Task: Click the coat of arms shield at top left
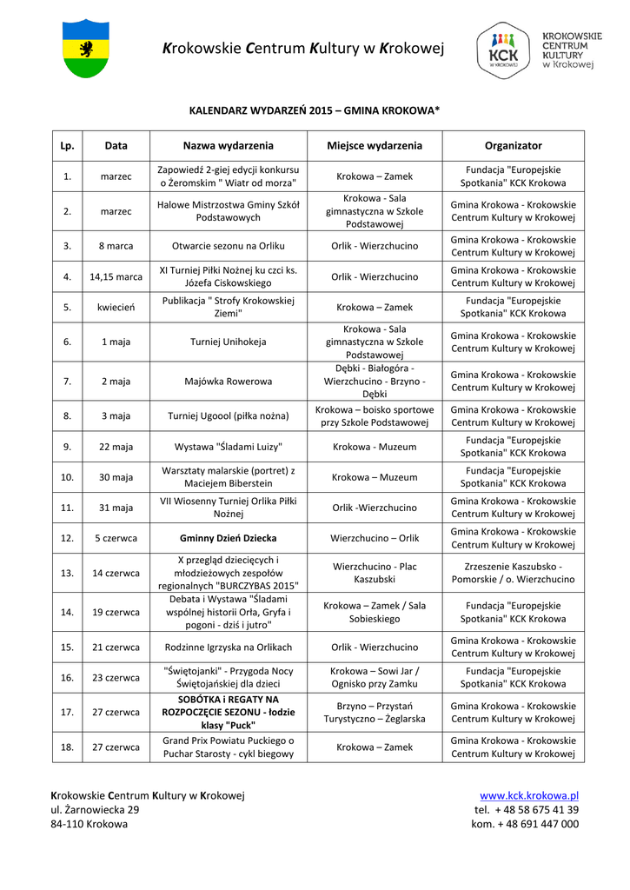pos(86,49)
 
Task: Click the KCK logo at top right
pos(504,50)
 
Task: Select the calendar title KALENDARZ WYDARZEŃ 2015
pos(315,111)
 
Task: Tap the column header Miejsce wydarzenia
pos(375,146)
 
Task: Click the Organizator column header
pos(513,146)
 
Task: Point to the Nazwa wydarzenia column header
pos(228,146)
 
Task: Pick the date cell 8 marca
pos(116,246)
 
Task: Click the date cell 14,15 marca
pos(116,276)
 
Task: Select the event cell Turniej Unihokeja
pos(228,342)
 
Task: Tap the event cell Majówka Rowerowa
pos(228,381)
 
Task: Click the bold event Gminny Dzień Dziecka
pos(228,538)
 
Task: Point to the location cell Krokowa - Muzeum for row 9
pos(375,447)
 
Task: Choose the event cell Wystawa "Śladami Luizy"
pos(228,447)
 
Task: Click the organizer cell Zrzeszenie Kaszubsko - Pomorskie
pos(513,573)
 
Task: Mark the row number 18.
pos(67,747)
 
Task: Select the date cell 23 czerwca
pos(116,677)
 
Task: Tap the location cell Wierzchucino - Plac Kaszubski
pos(375,573)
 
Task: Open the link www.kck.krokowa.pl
pos(529,795)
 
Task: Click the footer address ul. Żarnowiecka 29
pos(95,809)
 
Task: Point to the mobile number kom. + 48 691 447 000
pos(525,824)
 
